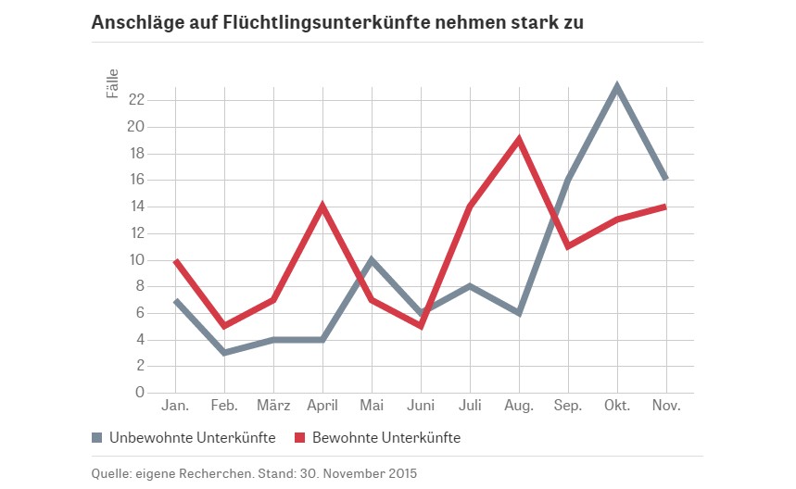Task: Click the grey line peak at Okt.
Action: [x=616, y=87]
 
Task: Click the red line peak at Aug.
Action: [x=518, y=140]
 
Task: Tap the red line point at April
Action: [x=322, y=206]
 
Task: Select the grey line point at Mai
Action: [x=372, y=259]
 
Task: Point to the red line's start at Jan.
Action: [x=176, y=260]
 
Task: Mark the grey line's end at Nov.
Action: [x=665, y=179]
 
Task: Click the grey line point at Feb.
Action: [x=224, y=353]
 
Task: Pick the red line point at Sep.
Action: [x=567, y=246]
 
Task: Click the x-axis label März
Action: [x=273, y=407]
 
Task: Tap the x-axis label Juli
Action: [x=469, y=407]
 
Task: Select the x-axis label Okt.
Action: [x=616, y=407]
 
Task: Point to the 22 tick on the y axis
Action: [x=135, y=99]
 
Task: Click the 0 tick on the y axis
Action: [x=139, y=393]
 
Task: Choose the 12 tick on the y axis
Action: [x=135, y=232]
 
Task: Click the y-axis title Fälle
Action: [x=111, y=84]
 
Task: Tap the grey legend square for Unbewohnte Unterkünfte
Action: [x=97, y=437]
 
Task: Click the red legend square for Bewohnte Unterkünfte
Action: [x=300, y=437]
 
